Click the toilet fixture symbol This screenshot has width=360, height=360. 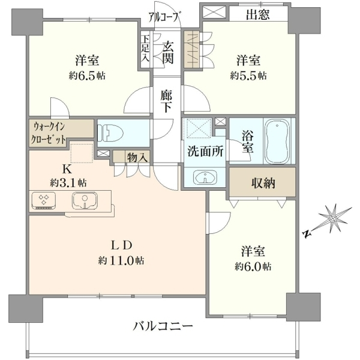coord(110,133)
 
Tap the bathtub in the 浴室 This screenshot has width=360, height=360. coord(277,141)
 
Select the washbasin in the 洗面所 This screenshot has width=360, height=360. coord(205,178)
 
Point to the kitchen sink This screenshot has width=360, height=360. coord(85,200)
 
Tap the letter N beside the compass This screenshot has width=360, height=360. coord(307,234)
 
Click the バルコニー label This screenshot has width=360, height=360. coord(163,326)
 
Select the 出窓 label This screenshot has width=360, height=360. coord(257,14)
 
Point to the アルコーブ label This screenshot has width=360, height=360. coord(164,17)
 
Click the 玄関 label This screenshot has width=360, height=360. coord(168,52)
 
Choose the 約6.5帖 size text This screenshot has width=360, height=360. coord(87,76)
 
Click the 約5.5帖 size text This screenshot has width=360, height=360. coord(248,76)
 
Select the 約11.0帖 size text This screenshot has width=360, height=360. coord(121,260)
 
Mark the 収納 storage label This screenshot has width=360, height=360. coord(263,183)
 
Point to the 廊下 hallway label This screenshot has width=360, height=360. coord(166,101)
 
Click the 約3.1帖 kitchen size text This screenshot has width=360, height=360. coord(68,183)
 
